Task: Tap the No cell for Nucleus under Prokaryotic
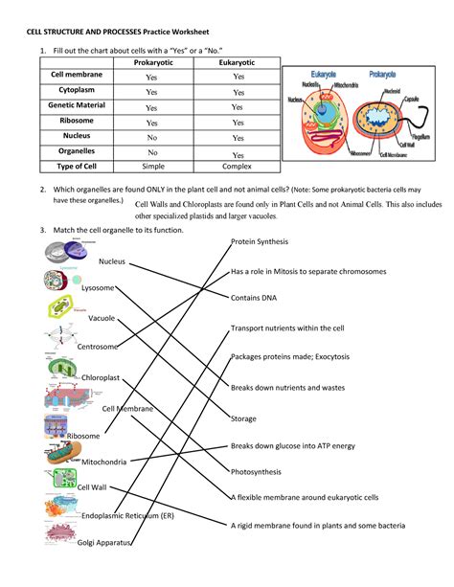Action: click(151, 137)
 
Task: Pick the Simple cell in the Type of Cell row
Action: click(151, 166)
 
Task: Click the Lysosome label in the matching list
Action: click(98, 287)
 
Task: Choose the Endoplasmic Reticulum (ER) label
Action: click(127, 515)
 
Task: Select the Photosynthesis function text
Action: click(257, 471)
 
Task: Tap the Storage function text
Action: click(243, 418)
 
